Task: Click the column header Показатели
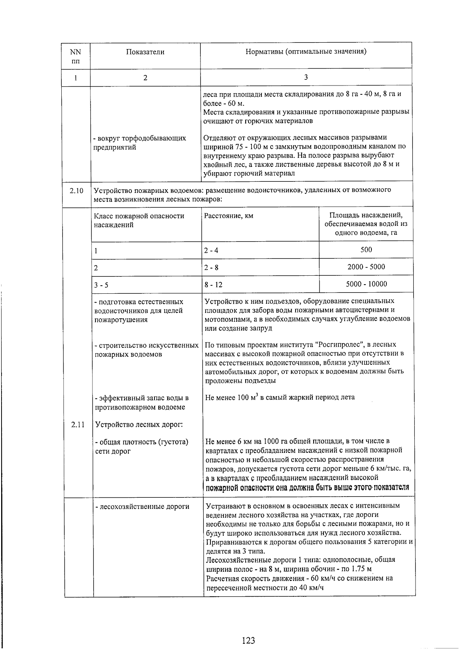pyautogui.click(x=145, y=52)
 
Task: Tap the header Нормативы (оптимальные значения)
pyautogui.click(x=306, y=52)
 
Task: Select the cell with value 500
pyautogui.click(x=366, y=250)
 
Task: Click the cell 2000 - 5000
pyautogui.click(x=366, y=267)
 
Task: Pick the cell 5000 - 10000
pyautogui.click(x=366, y=284)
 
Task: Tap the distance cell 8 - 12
pyautogui.click(x=213, y=285)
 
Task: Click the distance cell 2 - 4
pyautogui.click(x=211, y=251)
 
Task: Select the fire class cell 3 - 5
pyautogui.click(x=101, y=285)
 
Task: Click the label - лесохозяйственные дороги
pyautogui.click(x=142, y=507)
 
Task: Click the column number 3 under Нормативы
pyautogui.click(x=306, y=77)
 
